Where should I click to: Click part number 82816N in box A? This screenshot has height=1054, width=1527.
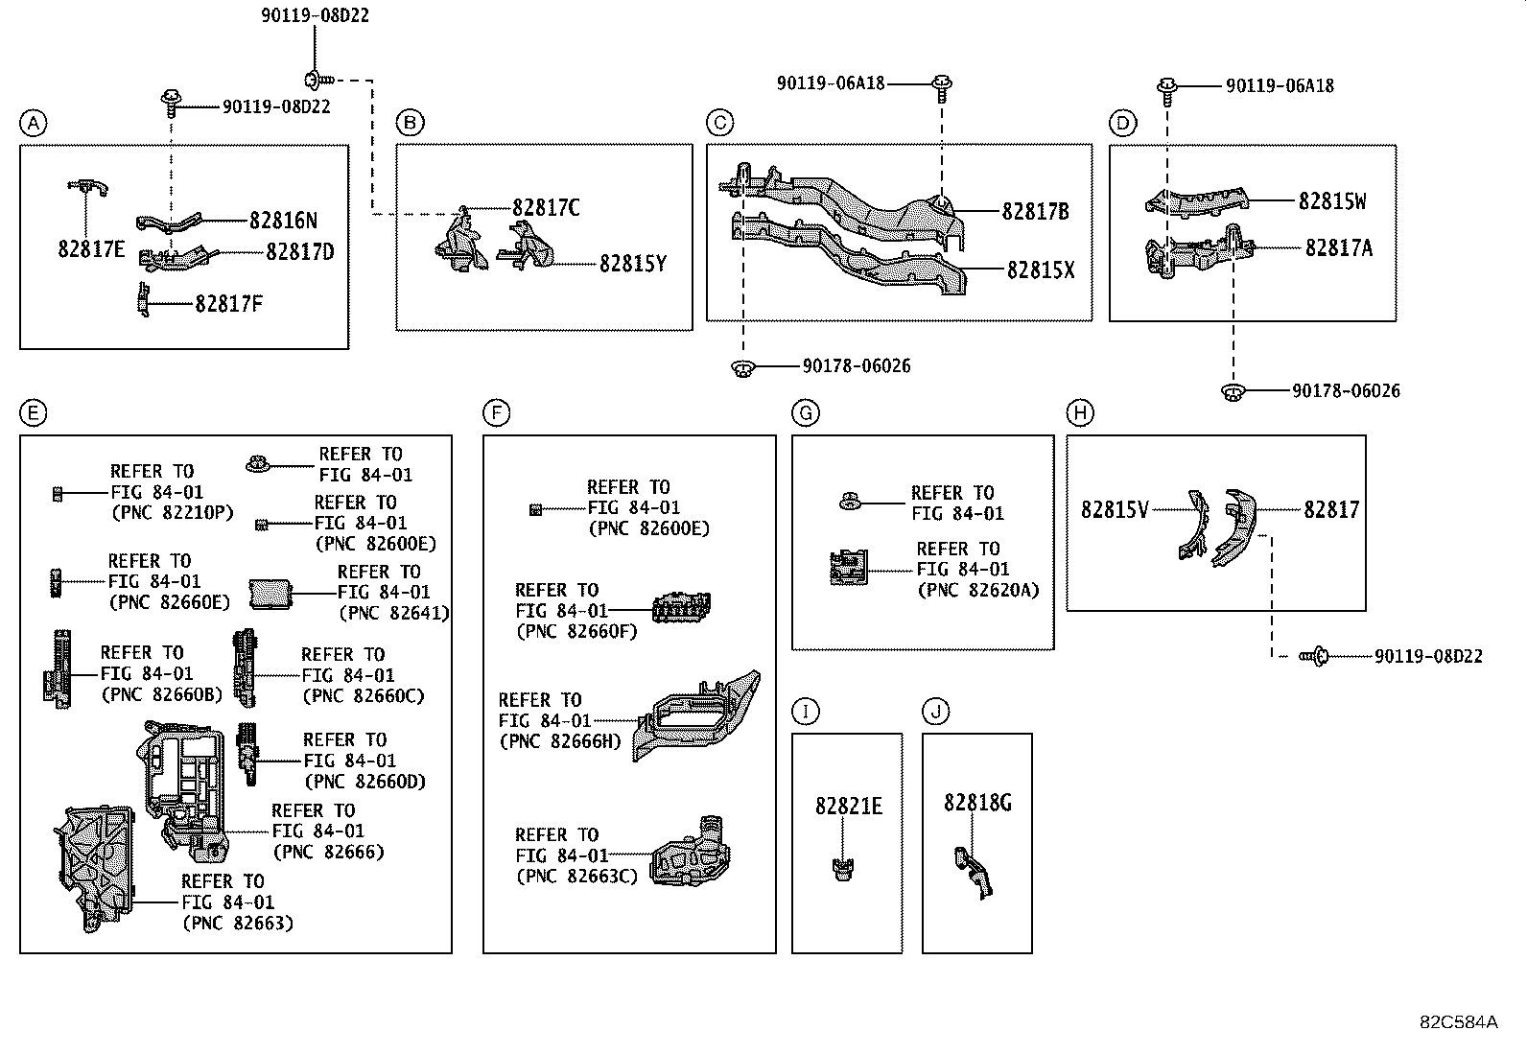click(282, 221)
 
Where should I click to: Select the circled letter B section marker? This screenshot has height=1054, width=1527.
click(410, 123)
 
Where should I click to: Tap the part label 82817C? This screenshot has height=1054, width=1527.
click(545, 208)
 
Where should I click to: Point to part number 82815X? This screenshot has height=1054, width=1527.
click(1040, 270)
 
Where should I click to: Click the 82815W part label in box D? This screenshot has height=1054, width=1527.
click(1331, 201)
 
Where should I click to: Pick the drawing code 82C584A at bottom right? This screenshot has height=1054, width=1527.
click(1458, 1021)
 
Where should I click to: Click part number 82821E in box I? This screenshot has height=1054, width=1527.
click(848, 806)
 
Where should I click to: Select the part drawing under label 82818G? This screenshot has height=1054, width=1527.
click(973, 871)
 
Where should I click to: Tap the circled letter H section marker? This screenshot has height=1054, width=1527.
click(1080, 413)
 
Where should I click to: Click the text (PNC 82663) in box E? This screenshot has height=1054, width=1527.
click(237, 924)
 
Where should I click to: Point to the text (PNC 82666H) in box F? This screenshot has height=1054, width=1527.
click(560, 741)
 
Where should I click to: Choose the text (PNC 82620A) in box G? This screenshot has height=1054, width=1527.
click(977, 591)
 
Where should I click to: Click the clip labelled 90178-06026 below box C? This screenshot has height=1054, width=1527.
click(741, 367)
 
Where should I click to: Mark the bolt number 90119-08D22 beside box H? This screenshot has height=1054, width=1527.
click(1428, 657)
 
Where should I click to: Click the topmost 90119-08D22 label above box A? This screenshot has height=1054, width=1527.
click(315, 15)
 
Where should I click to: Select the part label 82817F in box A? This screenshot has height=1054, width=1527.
click(228, 304)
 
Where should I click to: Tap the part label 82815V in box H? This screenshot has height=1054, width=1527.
click(1114, 510)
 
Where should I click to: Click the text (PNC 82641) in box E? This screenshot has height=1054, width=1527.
click(393, 613)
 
